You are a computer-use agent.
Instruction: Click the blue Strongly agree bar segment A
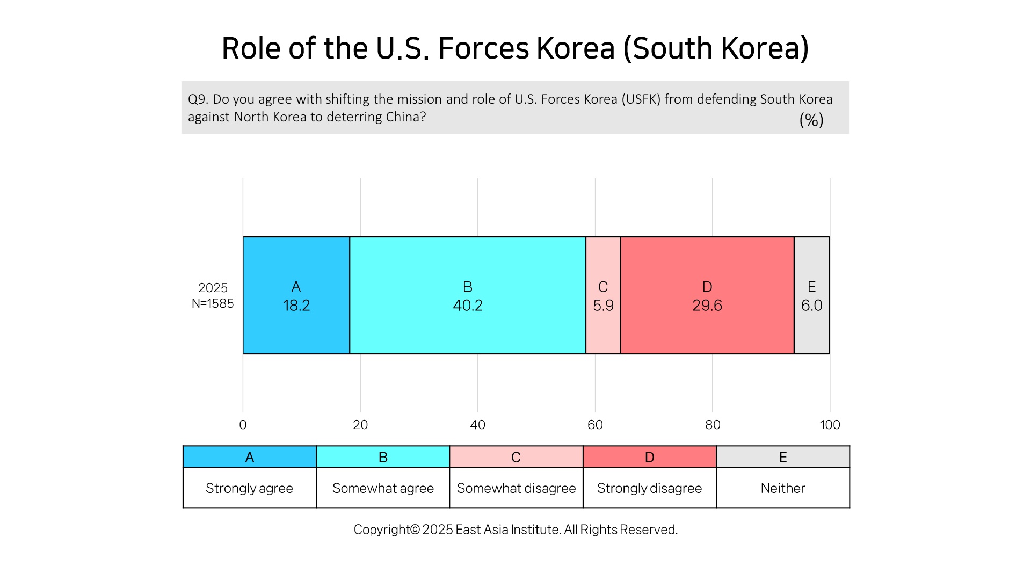(296, 295)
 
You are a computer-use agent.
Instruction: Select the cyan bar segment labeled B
(468, 295)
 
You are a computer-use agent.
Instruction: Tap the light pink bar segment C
(603, 295)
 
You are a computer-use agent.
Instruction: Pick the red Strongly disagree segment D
(707, 295)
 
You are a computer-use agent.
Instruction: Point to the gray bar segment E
(812, 295)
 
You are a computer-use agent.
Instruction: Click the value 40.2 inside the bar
(468, 306)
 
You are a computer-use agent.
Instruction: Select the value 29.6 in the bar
(707, 306)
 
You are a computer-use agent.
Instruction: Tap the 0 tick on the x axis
(243, 425)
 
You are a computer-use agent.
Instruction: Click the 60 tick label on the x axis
(595, 425)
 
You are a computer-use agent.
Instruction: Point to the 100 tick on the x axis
(830, 425)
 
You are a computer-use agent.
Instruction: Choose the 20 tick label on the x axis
(360, 425)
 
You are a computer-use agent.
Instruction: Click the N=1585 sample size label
(213, 303)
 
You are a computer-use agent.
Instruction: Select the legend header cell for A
(250, 457)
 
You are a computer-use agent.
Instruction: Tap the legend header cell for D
(650, 457)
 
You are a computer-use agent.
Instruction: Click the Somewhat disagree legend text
(516, 488)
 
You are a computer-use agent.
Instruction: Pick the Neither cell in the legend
(783, 488)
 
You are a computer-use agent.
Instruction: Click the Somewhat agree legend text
(383, 488)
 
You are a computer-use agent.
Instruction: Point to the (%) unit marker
(811, 120)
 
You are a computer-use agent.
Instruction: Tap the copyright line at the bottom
(515, 530)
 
